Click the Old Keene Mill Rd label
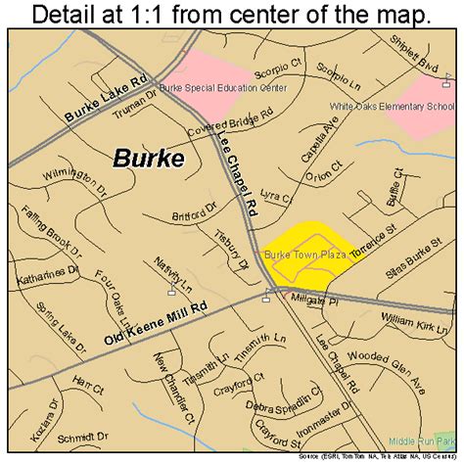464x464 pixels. tap(157, 323)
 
